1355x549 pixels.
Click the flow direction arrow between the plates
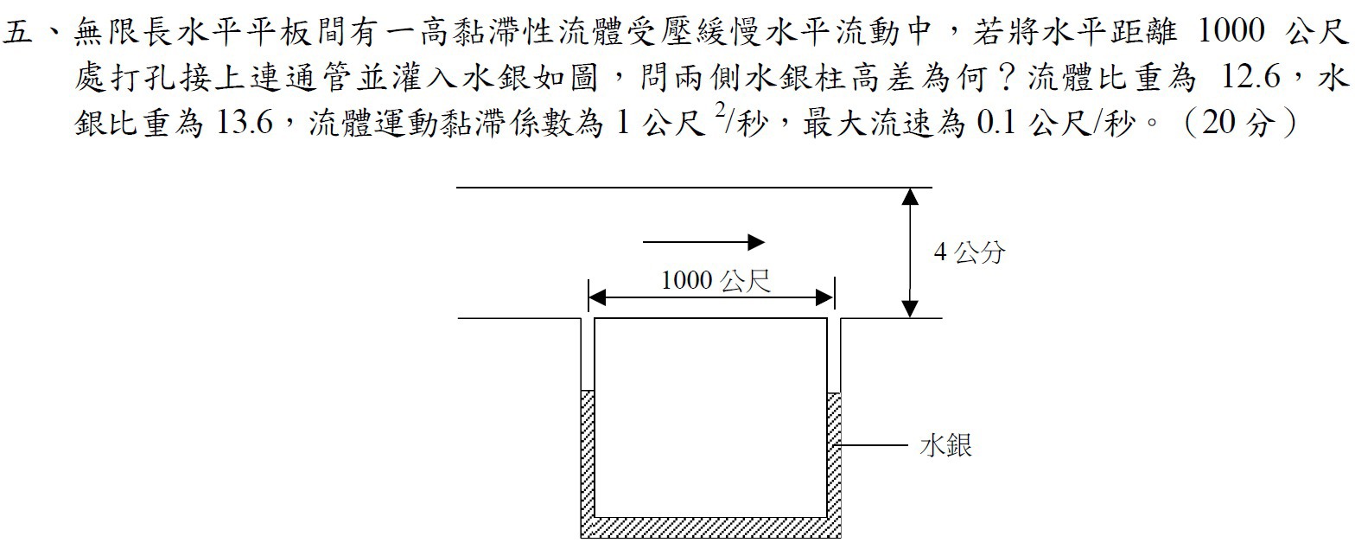click(x=703, y=242)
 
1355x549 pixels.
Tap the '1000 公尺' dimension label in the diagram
click(x=716, y=281)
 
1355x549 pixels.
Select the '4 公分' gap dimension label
click(x=969, y=252)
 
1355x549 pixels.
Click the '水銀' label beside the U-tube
click(x=945, y=445)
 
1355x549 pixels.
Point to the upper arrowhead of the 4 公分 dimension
click(x=910, y=197)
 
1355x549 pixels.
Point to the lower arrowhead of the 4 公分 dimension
click(x=910, y=309)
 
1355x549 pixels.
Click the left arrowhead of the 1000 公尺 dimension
click(x=597, y=297)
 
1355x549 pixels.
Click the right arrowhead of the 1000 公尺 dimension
click(x=825, y=297)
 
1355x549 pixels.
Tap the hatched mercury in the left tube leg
click(x=588, y=454)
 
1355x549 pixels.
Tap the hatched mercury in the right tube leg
click(x=834, y=455)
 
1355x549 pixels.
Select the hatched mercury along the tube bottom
click(x=710, y=527)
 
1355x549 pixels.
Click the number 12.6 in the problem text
click(x=1250, y=78)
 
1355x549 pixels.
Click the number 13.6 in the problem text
click(x=245, y=123)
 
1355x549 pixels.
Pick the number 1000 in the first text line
click(x=1231, y=30)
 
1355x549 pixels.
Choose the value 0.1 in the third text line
click(x=996, y=123)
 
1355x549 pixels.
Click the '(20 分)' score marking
click(x=1239, y=123)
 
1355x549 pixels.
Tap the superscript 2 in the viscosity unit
click(x=720, y=110)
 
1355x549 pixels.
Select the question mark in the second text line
click(x=1007, y=78)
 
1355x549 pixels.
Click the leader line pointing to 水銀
click(x=871, y=445)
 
